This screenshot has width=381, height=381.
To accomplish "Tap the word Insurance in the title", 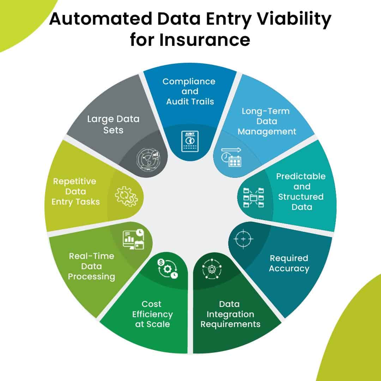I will pyautogui.click(x=205, y=40).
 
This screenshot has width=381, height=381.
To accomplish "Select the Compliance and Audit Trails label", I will pyautogui.click(x=189, y=91).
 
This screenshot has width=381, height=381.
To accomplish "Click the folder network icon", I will pyautogui.click(x=254, y=197).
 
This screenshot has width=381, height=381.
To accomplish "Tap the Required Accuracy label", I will pyautogui.click(x=289, y=263).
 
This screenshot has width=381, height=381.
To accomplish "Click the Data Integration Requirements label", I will pyautogui.click(x=230, y=314).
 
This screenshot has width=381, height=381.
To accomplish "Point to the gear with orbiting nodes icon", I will pyautogui.click(x=211, y=268).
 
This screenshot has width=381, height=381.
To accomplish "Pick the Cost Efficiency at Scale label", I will pyautogui.click(x=152, y=314).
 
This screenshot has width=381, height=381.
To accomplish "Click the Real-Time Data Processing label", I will pyautogui.click(x=91, y=266).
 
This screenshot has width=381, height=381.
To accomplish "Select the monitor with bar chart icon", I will pyautogui.click(x=133, y=240).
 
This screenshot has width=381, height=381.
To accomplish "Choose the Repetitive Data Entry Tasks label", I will pyautogui.click(x=75, y=192).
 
